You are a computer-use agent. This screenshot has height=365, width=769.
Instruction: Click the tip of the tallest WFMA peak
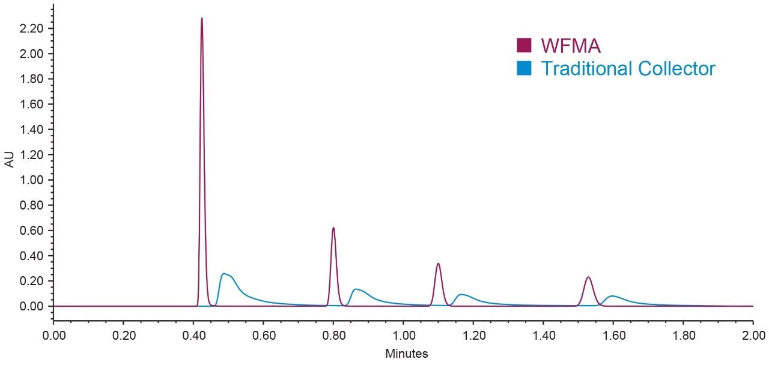(201, 18)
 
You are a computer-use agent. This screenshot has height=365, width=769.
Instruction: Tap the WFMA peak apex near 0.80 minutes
(333, 228)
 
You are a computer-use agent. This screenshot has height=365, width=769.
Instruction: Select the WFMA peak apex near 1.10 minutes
(438, 264)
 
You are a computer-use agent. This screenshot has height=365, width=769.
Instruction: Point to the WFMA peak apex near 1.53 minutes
(588, 277)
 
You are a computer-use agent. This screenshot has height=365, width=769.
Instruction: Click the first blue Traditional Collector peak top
(224, 274)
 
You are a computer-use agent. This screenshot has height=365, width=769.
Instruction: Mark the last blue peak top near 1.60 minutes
(612, 296)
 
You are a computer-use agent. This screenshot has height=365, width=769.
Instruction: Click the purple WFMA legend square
(524, 45)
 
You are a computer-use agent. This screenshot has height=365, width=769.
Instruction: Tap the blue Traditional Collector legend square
(524, 68)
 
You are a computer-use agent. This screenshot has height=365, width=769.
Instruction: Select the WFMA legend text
(571, 45)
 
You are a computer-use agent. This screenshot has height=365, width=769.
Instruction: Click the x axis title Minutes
(406, 354)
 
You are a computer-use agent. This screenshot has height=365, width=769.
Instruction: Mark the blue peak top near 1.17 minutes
(462, 294)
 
